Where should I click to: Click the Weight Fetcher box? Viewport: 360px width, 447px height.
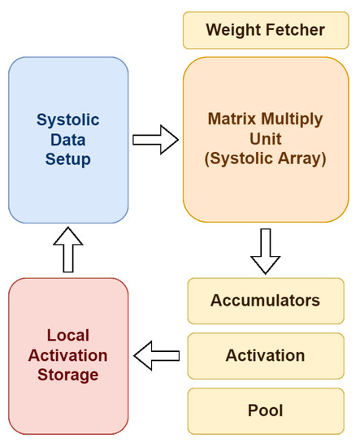pos(266,31)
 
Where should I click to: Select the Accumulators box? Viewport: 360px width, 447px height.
pos(266,301)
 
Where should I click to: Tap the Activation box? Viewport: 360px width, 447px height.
pos(266,356)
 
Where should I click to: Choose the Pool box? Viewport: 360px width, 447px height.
pos(266,410)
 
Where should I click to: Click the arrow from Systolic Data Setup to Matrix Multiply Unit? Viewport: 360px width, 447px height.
pos(154,139)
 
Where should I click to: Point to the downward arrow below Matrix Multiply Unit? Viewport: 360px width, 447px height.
pos(265,250)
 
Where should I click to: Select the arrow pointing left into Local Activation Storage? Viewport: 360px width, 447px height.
pos(156,355)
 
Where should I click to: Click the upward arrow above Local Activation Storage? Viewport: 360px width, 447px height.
pos(68,250)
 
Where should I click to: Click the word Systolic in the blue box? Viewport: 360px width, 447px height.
pos(68,120)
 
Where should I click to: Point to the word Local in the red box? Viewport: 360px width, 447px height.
pos(68,335)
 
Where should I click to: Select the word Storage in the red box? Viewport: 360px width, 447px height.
pos(68,375)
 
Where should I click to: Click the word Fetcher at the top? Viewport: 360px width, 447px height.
pos(295,31)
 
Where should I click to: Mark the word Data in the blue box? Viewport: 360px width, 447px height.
pos(68,140)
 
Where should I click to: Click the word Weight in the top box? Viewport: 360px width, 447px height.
pos(232,31)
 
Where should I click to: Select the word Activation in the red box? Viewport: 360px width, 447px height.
pos(68,355)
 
